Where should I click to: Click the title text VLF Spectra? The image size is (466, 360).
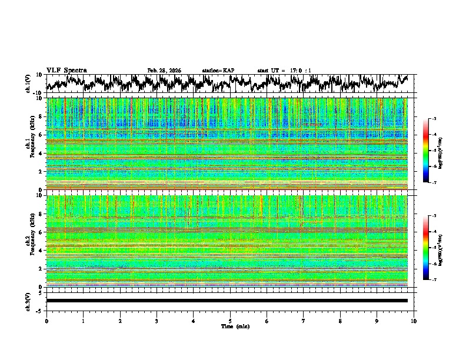(x=66, y=70)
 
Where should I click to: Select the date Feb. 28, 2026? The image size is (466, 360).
(x=164, y=71)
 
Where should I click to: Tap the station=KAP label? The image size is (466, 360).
(x=218, y=71)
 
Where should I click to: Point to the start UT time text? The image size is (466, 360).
(x=284, y=71)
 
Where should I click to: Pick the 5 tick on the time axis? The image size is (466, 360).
(x=230, y=321)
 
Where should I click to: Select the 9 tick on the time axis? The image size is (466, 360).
(x=377, y=321)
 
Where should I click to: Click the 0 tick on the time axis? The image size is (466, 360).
(x=46, y=321)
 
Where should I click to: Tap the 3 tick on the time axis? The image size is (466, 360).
(x=157, y=321)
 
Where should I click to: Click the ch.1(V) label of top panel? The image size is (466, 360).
(x=28, y=84)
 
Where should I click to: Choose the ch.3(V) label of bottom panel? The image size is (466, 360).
(x=28, y=301)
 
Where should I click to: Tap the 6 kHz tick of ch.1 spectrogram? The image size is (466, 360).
(x=41, y=135)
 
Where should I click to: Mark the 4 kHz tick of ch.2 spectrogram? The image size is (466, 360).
(x=41, y=250)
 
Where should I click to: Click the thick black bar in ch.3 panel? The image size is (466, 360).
(x=227, y=301)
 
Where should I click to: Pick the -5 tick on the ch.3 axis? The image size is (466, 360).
(x=40, y=310)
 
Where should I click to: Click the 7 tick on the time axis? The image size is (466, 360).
(x=304, y=321)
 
